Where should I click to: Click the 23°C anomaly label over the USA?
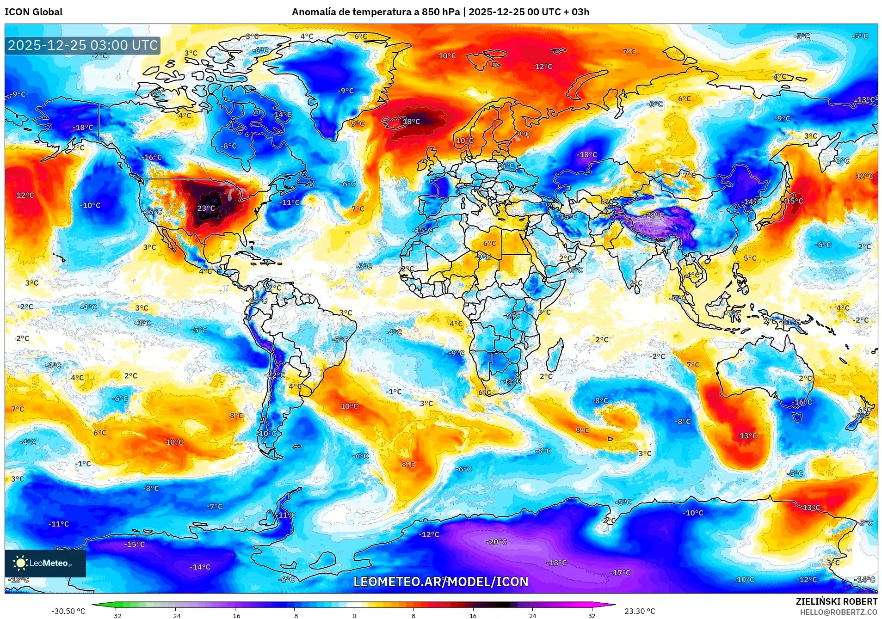tap(206, 208)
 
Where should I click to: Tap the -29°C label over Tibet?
tap(655, 215)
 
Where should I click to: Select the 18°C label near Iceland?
tap(411, 122)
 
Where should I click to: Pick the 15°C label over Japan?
tap(794, 201)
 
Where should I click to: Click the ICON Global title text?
tap(33, 12)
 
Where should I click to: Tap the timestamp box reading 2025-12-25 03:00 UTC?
tap(83, 45)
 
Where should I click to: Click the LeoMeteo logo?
tap(45, 563)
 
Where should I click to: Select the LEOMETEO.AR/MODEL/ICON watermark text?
tap(440, 582)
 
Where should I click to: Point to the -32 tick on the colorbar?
tap(116, 615)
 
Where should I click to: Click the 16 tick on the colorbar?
tap(473, 615)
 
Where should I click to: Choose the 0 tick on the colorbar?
tap(354, 615)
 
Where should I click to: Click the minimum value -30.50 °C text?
tap(68, 611)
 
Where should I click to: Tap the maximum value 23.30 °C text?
tap(639, 611)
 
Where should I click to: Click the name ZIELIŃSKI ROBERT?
tap(836, 601)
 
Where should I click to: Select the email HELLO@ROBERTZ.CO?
tap(839, 612)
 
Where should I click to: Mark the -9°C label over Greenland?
tap(345, 91)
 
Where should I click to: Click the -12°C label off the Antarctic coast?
tap(429, 534)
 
